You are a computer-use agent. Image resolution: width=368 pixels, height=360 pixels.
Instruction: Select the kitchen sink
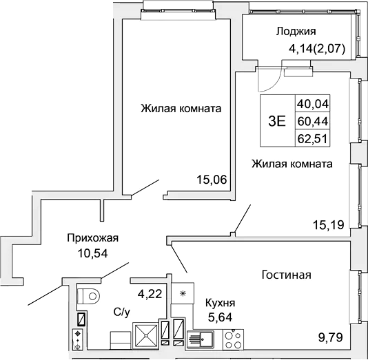coord(204,338)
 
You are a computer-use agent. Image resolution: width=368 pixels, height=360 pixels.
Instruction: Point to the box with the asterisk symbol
coord(182,294)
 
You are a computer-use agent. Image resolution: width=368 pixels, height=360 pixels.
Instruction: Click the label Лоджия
coord(296,31)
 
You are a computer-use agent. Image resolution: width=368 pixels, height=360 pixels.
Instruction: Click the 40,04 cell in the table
coord(312,104)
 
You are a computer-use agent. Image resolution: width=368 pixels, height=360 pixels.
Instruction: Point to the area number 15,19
coord(328,224)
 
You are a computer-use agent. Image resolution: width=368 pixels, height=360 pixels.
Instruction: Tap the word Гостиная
coord(287,275)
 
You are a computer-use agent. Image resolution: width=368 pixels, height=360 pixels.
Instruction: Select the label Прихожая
coord(92,238)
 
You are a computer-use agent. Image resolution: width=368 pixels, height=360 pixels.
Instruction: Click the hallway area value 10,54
coord(92,252)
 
